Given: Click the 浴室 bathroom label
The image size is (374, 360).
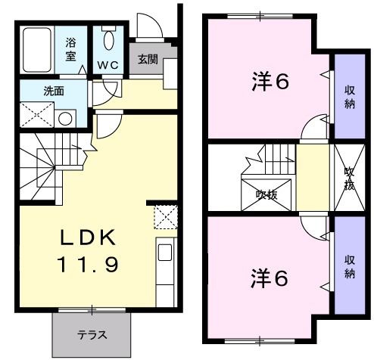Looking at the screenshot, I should pyautogui.click(x=70, y=49).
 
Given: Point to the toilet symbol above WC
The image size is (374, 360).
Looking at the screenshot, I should pyautogui.click(x=108, y=41).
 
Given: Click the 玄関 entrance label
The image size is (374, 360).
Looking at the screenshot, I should pyautogui.click(x=148, y=60).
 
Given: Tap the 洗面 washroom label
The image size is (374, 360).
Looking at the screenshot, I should pyautogui.click(x=53, y=91).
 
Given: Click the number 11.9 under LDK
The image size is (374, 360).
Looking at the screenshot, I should pyautogui.click(x=87, y=265).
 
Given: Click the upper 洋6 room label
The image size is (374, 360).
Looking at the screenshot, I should pyautogui.click(x=270, y=82).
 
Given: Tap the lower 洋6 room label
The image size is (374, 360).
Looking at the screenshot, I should pyautogui.click(x=270, y=278).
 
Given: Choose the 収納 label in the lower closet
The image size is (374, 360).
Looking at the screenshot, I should pyautogui.click(x=349, y=266).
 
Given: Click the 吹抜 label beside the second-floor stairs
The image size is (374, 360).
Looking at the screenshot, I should pyautogui.click(x=266, y=194).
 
